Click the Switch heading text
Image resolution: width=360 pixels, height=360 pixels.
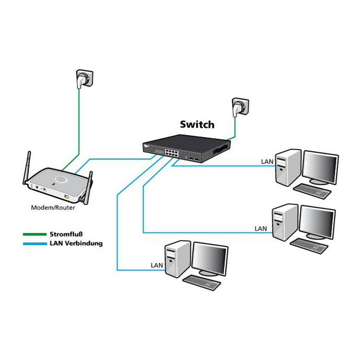[x=197, y=124]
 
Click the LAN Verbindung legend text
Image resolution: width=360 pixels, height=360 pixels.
[x=76, y=243]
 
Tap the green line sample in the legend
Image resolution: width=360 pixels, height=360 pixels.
[x=35, y=235]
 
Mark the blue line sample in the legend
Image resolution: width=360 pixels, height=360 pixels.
[x=35, y=244]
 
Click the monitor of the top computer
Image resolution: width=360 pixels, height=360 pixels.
[x=320, y=167]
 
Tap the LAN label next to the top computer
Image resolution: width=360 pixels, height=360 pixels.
[x=267, y=161]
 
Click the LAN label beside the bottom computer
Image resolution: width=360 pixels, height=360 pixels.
[x=157, y=265]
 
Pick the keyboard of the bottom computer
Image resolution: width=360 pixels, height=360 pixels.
[x=202, y=282]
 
